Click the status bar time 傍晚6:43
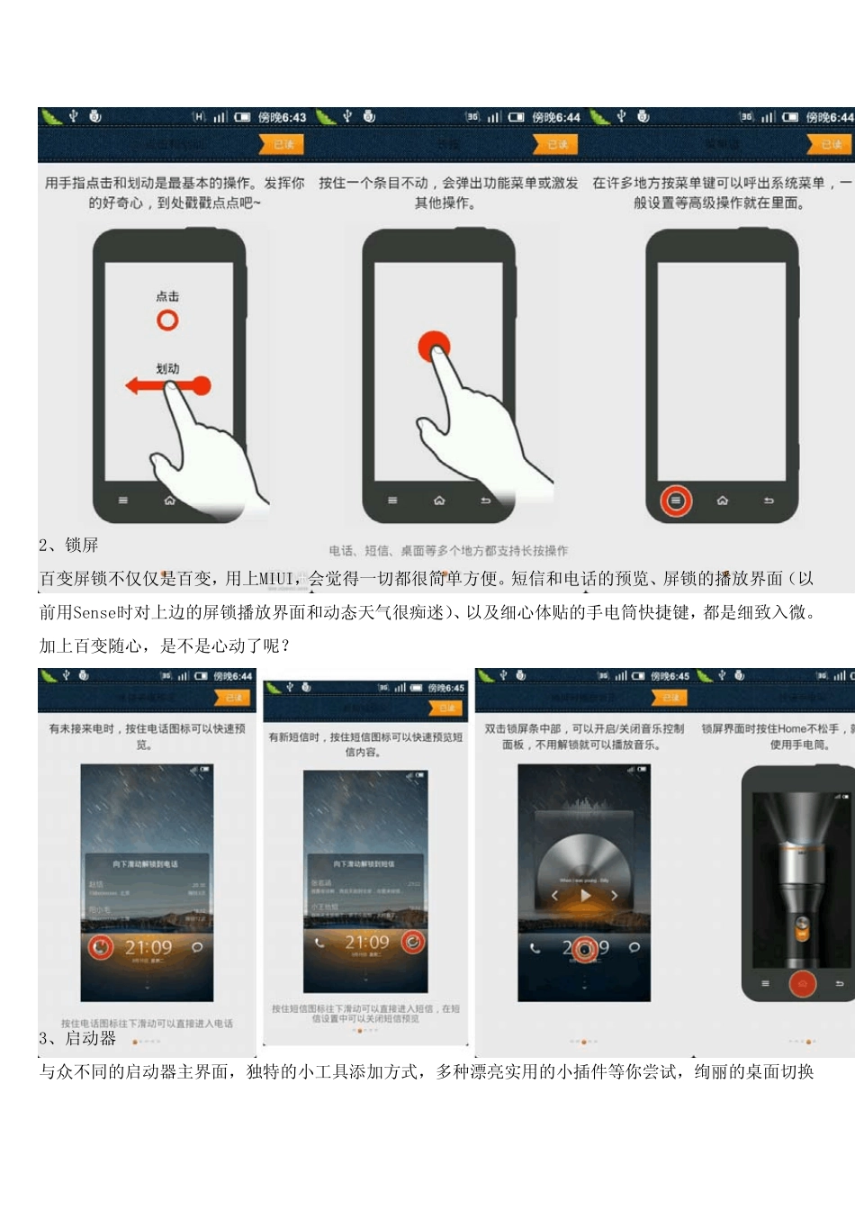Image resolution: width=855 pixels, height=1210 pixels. click(282, 117)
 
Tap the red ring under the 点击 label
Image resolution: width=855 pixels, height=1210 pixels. click(167, 321)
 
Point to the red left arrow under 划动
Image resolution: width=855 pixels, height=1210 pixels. click(144, 386)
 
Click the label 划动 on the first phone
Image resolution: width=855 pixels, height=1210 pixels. click(167, 368)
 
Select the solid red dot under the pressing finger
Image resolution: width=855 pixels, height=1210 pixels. click(434, 346)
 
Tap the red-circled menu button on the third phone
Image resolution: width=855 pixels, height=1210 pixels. click(676, 501)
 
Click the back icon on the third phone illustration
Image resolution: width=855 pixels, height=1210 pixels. click(769, 501)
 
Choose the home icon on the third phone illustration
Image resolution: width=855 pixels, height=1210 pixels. click(722, 501)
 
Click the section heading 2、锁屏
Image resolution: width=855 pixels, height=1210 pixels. click(69, 545)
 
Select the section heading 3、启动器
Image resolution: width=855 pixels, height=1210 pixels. click(77, 1038)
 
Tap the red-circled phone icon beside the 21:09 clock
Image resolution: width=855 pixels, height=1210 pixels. click(101, 947)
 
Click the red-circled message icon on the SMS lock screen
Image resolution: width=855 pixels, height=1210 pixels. click(413, 942)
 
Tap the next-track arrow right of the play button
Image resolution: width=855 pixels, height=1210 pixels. click(614, 895)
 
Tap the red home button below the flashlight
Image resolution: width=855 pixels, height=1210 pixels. click(802, 984)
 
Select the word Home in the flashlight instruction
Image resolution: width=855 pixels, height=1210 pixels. click(792, 728)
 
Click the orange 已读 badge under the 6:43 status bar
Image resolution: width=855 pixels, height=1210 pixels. click(283, 144)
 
